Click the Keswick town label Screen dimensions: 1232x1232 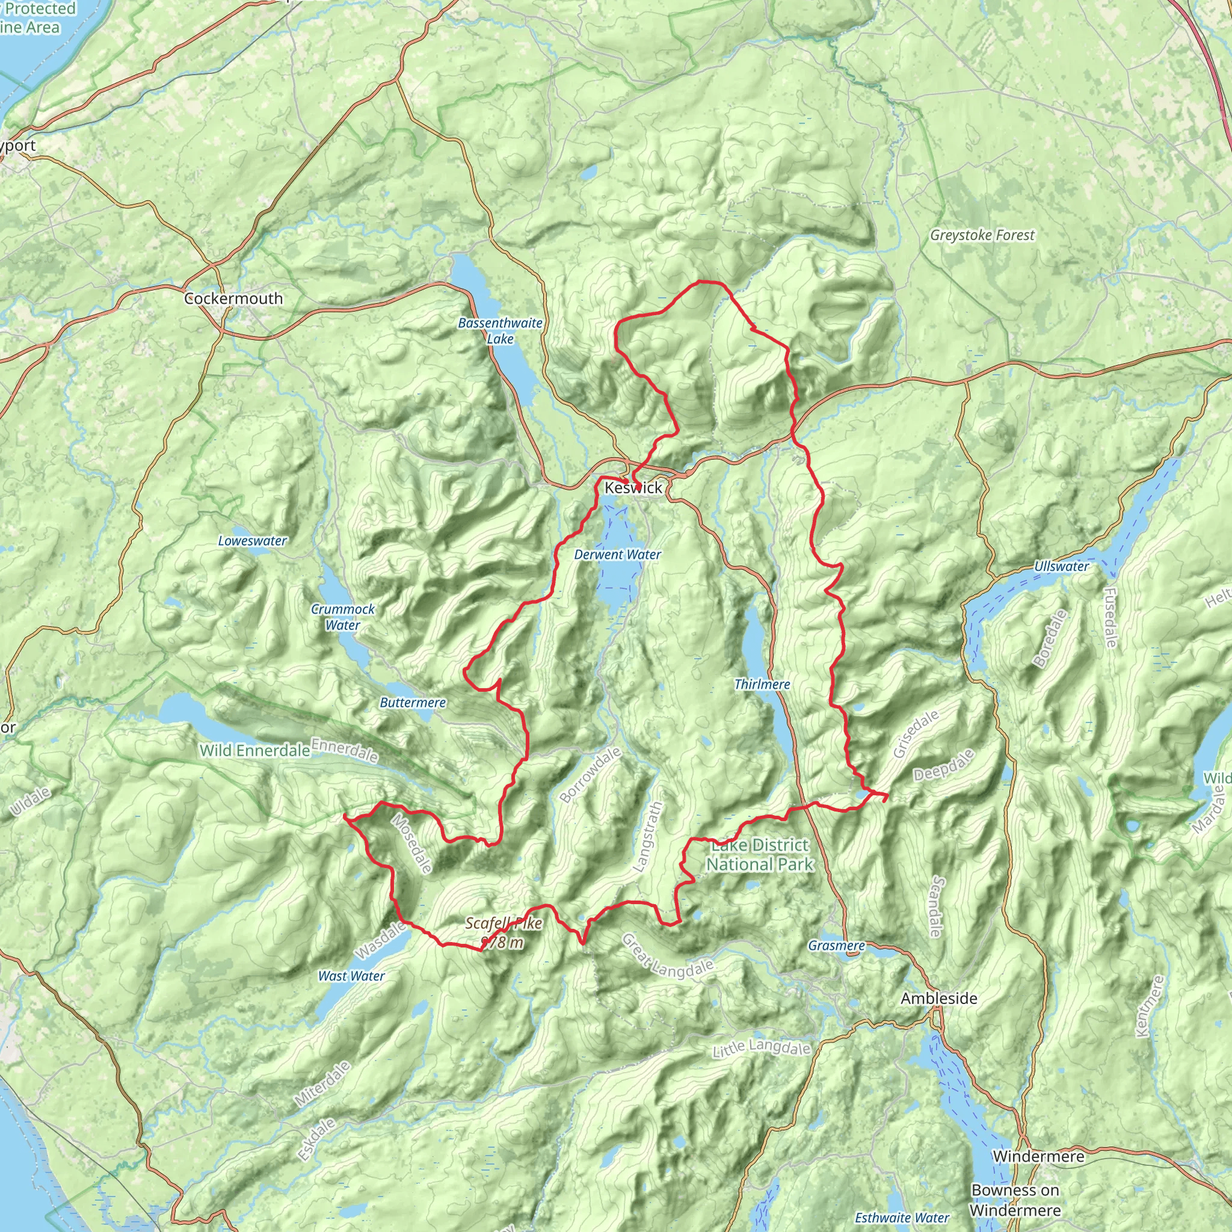pyautogui.click(x=633, y=488)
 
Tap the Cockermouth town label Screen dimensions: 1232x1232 pyautogui.click(x=233, y=298)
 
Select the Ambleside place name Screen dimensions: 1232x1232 pyautogui.click(x=938, y=999)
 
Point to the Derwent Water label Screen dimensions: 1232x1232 pyautogui.click(x=617, y=555)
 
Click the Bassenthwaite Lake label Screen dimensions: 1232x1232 pyautogui.click(x=500, y=331)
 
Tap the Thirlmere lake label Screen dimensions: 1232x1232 pyautogui.click(x=762, y=684)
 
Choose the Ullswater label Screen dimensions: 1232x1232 pyautogui.click(x=1062, y=566)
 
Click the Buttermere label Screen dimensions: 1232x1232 pyautogui.click(x=413, y=703)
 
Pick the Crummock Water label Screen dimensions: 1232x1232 pyautogui.click(x=342, y=617)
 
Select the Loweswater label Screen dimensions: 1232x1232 pyautogui.click(x=253, y=541)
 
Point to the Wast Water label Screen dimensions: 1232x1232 pyautogui.click(x=351, y=976)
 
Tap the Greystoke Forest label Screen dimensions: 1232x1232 pyautogui.click(x=982, y=235)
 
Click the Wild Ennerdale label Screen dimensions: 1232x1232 pyautogui.click(x=254, y=751)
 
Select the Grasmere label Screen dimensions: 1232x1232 pyautogui.click(x=836, y=946)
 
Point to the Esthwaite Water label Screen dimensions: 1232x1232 pyautogui.click(x=902, y=1218)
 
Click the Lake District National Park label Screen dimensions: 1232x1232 pyautogui.click(x=760, y=855)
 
